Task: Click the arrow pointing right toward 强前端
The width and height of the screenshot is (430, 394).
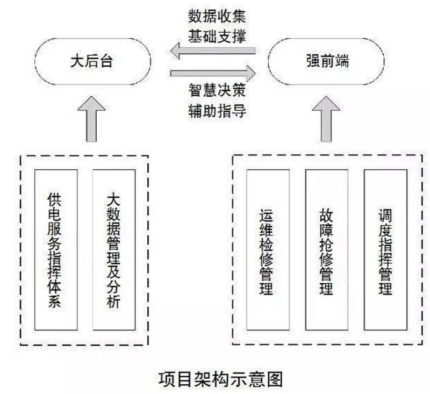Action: point(212,72)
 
